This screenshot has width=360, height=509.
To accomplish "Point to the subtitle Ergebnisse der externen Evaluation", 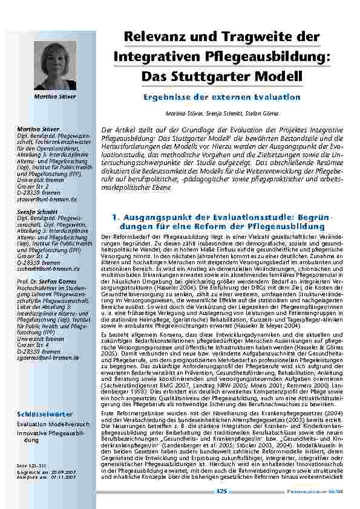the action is [221, 97].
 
